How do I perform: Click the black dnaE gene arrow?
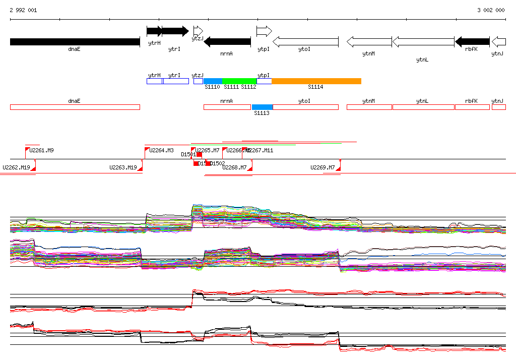tap(75, 42)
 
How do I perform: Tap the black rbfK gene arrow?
tap(472, 41)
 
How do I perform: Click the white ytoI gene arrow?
tap(305, 42)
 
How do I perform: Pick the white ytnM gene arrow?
tap(369, 42)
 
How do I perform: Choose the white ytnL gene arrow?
tap(423, 42)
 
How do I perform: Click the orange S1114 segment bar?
tap(316, 81)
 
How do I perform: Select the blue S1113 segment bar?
tap(263, 107)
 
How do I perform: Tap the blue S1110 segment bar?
tap(213, 81)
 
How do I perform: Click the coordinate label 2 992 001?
tap(23, 10)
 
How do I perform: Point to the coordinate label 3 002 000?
tap(491, 10)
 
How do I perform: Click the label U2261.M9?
tap(42, 150)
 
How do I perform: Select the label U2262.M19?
tap(16, 167)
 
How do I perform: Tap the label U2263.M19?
tap(123, 167)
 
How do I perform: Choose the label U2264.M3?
tap(161, 150)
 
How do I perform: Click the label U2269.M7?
tap(322, 167)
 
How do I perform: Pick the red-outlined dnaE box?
tap(75, 107)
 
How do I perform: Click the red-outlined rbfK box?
tap(472, 107)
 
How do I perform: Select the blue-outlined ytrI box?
tap(176, 81)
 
